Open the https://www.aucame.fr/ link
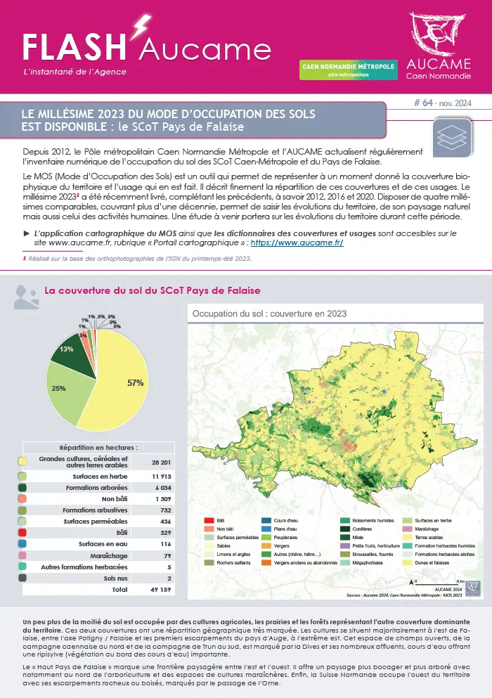[x=297, y=243]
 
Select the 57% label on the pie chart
[x=136, y=382]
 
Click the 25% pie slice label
[x=59, y=388]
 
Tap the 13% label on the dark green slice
[x=67, y=349]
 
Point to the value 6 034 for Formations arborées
[x=160, y=486]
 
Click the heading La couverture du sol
[x=152, y=290]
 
